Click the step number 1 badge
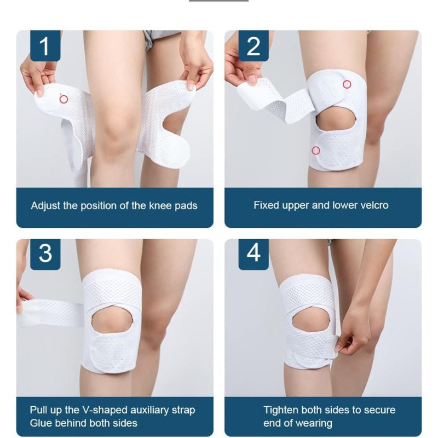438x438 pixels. (45, 45)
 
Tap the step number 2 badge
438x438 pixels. (253, 45)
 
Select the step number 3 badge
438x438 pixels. (45, 254)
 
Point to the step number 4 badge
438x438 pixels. (253, 254)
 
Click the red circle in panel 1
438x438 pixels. (64, 99)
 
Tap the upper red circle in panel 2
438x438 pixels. (347, 84)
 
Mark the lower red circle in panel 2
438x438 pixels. (316, 151)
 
